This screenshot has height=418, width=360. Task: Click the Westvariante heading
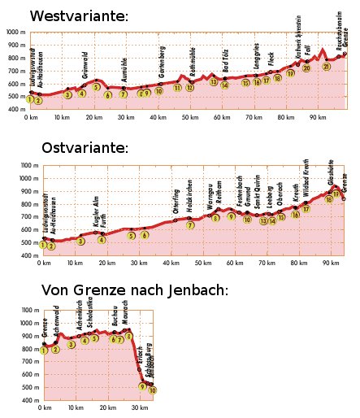(x=79, y=16)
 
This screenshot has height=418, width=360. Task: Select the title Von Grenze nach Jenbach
(x=134, y=290)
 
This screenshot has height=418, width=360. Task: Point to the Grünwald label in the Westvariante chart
(x=85, y=63)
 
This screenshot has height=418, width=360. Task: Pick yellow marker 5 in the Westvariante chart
(x=96, y=87)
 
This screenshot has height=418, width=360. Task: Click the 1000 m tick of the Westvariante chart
(x=15, y=32)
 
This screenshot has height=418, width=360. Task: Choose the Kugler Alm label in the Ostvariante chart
(x=95, y=210)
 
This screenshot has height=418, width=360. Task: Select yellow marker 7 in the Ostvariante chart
(x=189, y=225)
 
